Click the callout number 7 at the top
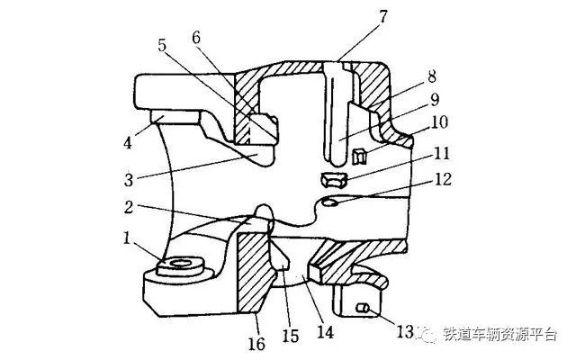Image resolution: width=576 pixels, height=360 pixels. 383,17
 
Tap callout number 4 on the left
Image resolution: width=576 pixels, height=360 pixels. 127,142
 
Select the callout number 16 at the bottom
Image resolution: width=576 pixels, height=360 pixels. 256,344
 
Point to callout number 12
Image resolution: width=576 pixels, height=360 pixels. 443,179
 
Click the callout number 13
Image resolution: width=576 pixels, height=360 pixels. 405,332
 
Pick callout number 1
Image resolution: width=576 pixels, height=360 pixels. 127,238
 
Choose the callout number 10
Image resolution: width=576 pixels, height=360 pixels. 439,122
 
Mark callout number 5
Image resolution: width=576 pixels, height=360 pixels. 162,45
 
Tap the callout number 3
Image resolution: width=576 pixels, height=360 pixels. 128,180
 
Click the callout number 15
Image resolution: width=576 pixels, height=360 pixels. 290,335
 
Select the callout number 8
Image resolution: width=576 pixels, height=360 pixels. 432,76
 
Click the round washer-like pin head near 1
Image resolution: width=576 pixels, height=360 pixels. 180,266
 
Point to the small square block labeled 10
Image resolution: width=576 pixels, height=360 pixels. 359,156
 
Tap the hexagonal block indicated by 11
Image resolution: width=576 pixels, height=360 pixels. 334,180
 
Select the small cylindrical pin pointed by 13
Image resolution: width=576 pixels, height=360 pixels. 363,308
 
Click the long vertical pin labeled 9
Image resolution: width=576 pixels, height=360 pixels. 336,112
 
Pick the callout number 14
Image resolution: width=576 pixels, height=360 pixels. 326,332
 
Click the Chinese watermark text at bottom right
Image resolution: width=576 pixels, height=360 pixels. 500,334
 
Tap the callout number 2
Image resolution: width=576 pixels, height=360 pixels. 128,207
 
